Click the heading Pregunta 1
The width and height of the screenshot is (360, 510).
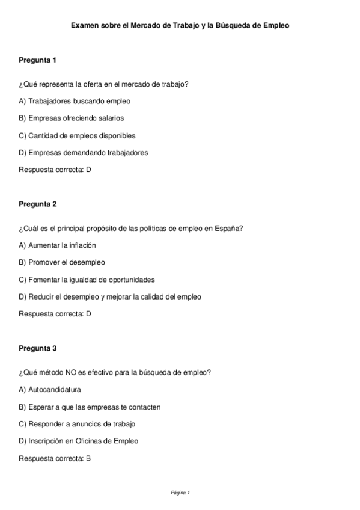(x=37, y=60)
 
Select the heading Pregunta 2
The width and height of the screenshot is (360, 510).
(x=37, y=204)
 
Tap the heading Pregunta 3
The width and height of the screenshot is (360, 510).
(x=37, y=348)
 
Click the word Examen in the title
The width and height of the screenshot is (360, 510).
(x=85, y=26)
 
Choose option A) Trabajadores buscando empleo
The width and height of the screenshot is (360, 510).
(x=75, y=101)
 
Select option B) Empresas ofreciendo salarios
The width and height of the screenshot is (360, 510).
(x=72, y=118)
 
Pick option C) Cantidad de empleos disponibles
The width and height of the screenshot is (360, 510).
(x=77, y=135)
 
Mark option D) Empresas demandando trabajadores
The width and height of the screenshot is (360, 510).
(x=84, y=152)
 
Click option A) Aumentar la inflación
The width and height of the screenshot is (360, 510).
(x=57, y=245)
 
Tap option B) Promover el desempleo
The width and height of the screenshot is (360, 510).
(x=62, y=262)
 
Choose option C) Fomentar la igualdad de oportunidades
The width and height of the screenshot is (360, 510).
(x=87, y=280)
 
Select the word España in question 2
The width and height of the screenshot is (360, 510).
(x=229, y=229)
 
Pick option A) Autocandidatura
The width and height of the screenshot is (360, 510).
(x=50, y=389)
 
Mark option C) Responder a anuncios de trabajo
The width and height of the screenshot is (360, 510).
(x=77, y=423)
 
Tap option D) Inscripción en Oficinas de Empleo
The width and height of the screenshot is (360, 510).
(x=78, y=441)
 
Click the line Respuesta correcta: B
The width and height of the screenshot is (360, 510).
(x=55, y=458)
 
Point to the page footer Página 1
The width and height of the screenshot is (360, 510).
(x=180, y=493)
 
